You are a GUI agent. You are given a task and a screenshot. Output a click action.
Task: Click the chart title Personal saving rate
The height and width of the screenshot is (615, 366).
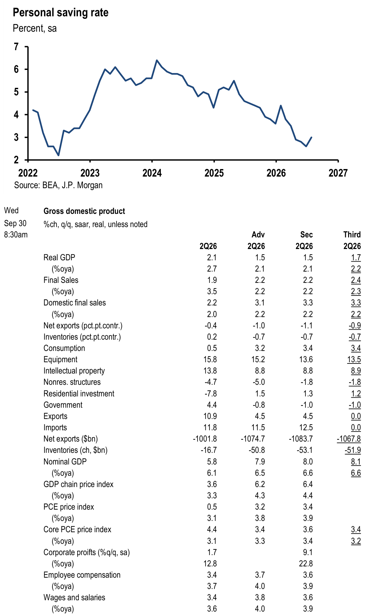(60, 13)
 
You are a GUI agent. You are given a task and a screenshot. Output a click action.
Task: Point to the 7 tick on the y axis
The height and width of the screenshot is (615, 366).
(16, 47)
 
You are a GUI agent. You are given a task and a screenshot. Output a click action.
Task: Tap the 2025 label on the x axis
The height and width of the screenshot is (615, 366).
(214, 173)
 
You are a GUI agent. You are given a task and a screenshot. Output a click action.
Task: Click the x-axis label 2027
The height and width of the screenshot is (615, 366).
(338, 173)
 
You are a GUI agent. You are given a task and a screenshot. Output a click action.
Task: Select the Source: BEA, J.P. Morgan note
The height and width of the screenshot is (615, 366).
(58, 185)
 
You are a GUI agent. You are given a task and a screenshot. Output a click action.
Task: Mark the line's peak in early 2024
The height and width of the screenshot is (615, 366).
(157, 60)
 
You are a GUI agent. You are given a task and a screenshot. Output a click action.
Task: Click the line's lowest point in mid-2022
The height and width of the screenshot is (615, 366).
(58, 155)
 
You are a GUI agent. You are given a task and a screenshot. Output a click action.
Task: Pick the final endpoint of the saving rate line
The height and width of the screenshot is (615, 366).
(311, 137)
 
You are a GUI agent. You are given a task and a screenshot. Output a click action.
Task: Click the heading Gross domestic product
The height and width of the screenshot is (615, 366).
(84, 211)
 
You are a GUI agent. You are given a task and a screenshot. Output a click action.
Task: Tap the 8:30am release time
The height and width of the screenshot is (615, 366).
(16, 235)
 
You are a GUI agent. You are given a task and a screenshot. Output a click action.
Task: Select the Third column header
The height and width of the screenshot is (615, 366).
(352, 235)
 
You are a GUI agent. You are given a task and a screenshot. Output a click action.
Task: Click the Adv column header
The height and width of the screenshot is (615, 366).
(258, 235)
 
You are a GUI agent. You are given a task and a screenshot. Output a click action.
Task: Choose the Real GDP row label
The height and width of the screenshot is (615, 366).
(59, 257)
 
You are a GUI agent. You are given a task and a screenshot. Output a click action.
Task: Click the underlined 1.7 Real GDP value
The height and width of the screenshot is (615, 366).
(356, 258)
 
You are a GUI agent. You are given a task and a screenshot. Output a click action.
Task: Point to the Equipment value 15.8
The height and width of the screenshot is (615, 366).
(210, 359)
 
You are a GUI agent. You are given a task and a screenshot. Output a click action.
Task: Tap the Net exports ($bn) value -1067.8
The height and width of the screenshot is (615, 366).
(349, 439)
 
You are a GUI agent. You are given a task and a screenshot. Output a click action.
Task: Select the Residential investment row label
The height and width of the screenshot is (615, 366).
(79, 394)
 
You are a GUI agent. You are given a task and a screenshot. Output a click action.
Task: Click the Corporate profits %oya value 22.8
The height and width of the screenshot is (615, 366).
(306, 564)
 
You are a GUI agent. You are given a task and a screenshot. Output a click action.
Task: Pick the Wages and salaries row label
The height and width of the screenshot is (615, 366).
(74, 597)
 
